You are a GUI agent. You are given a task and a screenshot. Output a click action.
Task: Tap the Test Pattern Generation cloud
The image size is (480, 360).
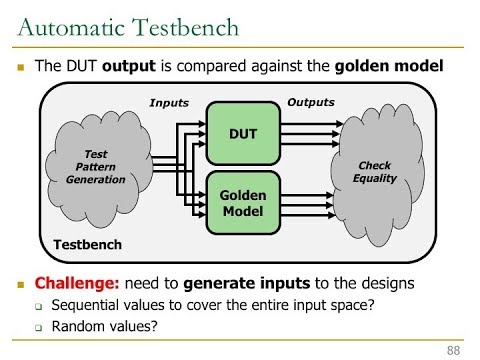coord(97,167)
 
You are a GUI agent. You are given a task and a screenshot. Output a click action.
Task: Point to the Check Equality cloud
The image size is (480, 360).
coord(375,171)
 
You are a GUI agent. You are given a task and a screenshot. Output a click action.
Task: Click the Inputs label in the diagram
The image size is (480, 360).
coord(168,104)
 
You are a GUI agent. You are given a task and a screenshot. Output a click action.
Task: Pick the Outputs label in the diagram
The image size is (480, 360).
coord(311,102)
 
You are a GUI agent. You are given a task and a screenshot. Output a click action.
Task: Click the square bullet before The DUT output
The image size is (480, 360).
coord(19,68)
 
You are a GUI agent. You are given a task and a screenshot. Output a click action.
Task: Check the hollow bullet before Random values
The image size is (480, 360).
coord(38,328)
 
